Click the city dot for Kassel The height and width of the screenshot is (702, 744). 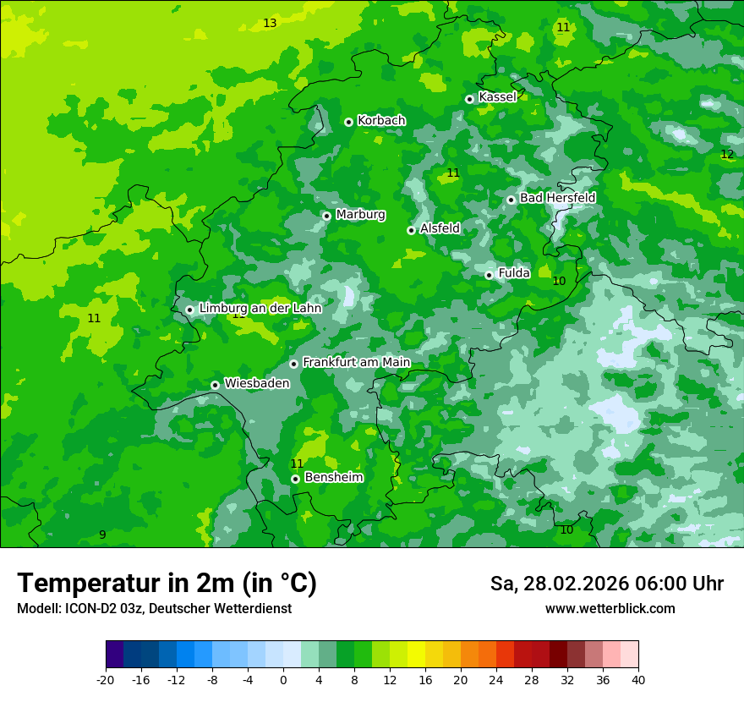click(469, 99)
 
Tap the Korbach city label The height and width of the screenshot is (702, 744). click(381, 121)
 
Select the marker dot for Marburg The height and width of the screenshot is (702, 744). click(326, 216)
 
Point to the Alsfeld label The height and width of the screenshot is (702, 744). click(440, 228)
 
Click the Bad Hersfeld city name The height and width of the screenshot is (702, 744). click(557, 198)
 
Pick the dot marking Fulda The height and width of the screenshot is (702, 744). click(489, 275)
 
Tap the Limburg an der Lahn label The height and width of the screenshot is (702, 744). click(260, 309)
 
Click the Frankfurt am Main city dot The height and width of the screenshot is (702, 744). click(294, 364)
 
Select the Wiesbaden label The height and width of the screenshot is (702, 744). click(256, 383)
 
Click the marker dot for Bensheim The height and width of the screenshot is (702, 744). click(295, 479)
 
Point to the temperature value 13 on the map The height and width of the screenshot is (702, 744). click(270, 23)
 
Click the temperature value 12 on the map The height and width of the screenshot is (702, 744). click(727, 154)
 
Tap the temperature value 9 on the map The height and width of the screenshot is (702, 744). click(102, 535)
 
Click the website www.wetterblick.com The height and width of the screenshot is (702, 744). click(610, 609)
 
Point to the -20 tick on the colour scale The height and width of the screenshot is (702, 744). click(106, 680)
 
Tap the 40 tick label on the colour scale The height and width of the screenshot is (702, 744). click(638, 680)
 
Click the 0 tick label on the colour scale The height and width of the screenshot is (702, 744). click(283, 680)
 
